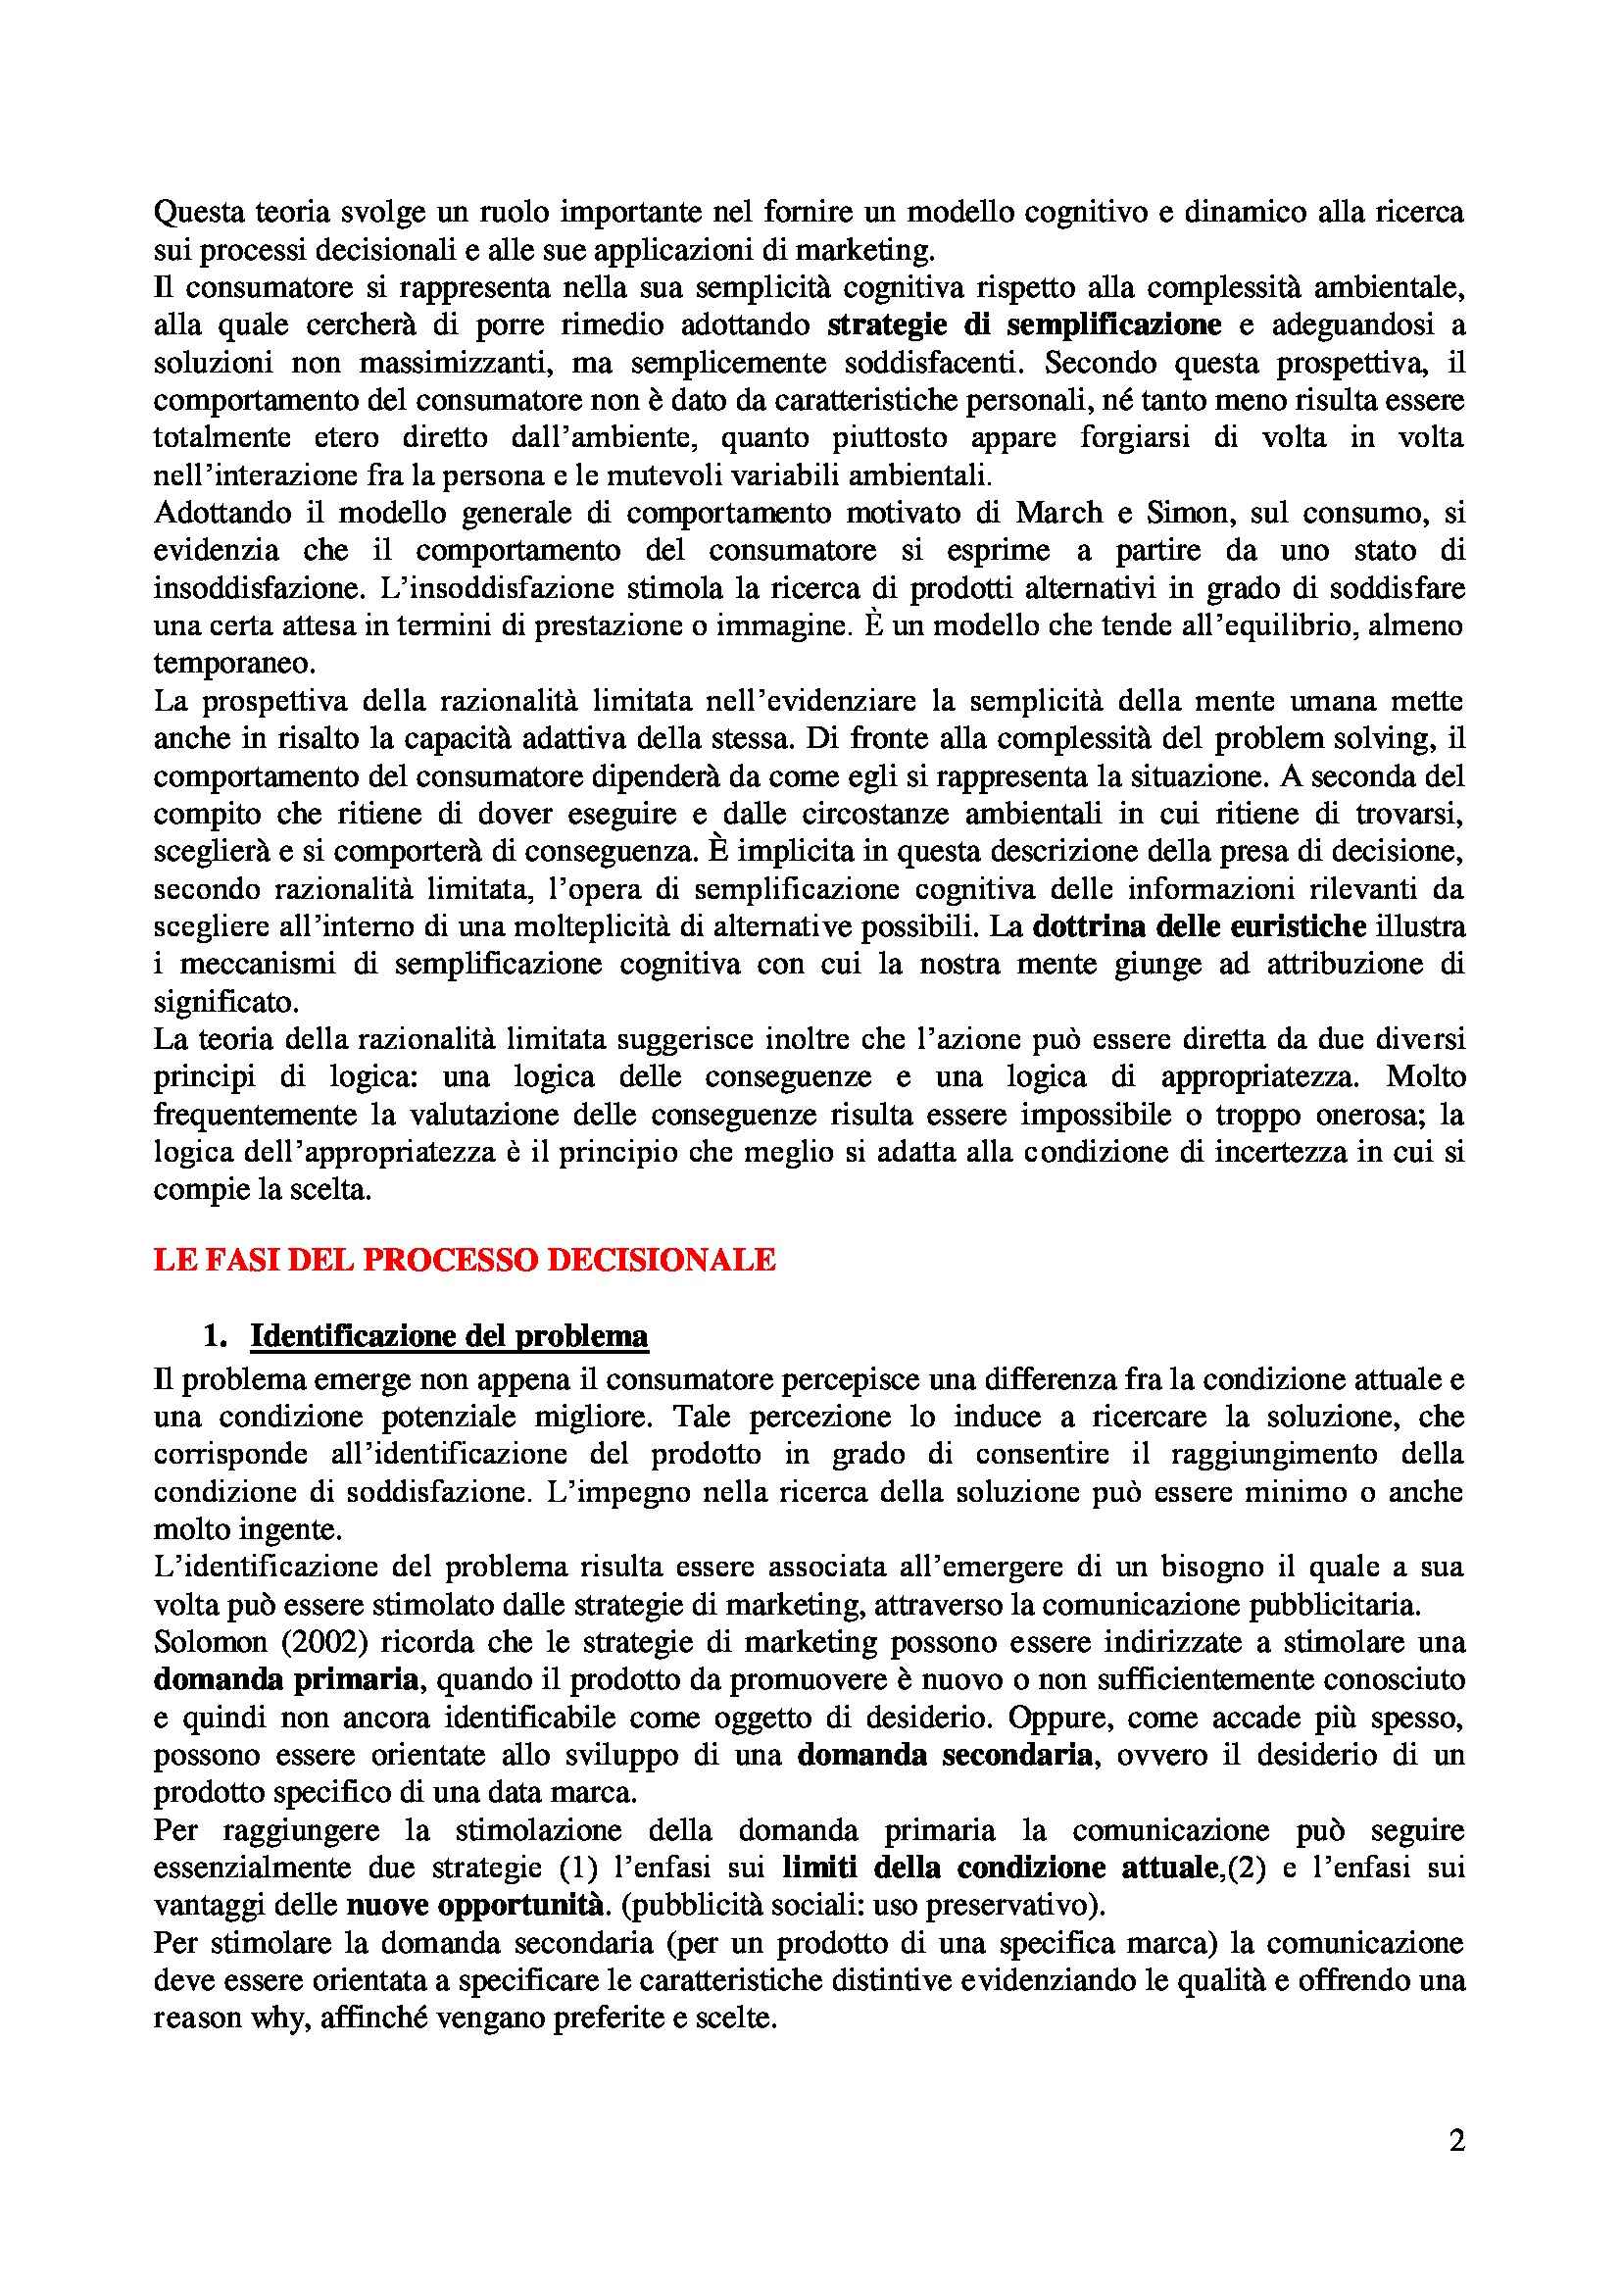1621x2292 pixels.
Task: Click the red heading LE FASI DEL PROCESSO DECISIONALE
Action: coord(465,1260)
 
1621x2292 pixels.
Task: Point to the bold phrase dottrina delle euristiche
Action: coord(1199,926)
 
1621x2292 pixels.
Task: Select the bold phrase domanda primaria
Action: coord(285,1679)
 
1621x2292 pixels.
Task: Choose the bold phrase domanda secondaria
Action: coord(944,1754)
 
